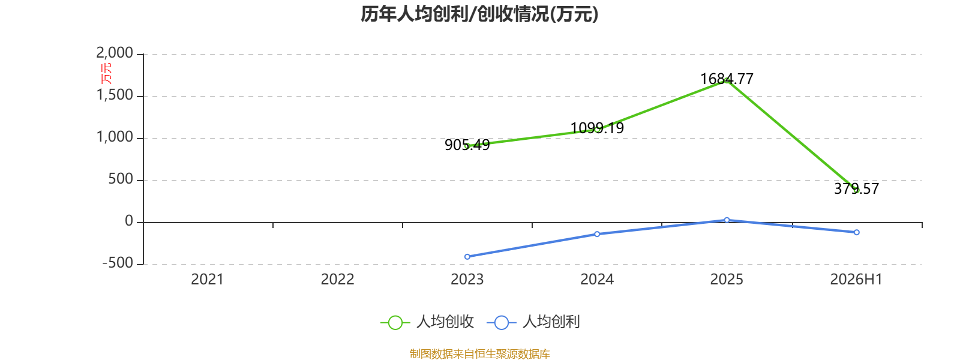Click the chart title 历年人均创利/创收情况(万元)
coord(479,14)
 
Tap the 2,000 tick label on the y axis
coord(115,53)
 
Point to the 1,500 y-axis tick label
coord(115,95)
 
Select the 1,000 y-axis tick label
coord(115,137)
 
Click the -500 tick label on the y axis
coord(118,263)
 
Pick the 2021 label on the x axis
coord(208,280)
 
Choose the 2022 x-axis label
coord(337,280)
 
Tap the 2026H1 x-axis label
coord(856,280)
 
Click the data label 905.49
coord(467,145)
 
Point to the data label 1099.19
coord(597,128)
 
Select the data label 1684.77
coord(727,79)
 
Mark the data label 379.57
coord(856,188)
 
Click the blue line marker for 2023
coord(467,257)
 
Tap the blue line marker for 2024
coord(597,234)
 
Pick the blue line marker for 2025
coord(727,220)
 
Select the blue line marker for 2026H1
coord(857,232)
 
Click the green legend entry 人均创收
coord(427,322)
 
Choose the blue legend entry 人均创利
coord(533,322)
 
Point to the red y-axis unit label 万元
coord(106,73)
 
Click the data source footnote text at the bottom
coord(479,353)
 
